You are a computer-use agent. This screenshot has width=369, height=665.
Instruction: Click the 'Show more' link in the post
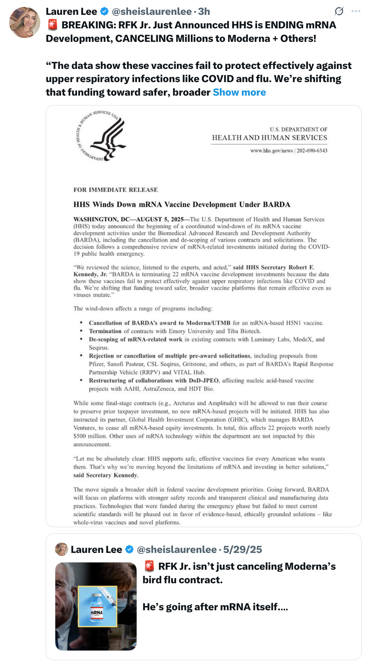(x=239, y=92)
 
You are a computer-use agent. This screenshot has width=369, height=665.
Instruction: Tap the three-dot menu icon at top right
(x=356, y=11)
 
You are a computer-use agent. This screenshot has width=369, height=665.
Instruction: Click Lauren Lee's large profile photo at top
(x=24, y=22)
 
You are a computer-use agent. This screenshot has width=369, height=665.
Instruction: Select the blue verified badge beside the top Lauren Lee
(x=104, y=12)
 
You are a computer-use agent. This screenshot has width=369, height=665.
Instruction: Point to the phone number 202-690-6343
(x=312, y=151)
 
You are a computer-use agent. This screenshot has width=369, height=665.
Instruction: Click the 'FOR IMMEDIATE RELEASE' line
(x=116, y=190)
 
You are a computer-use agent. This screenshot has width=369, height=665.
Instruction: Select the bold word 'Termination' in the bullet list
(x=105, y=331)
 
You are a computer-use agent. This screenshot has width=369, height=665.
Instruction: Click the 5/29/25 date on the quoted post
(x=243, y=549)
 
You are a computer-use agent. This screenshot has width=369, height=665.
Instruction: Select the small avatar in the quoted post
(x=61, y=549)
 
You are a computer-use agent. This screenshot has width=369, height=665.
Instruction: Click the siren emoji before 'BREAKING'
(x=52, y=25)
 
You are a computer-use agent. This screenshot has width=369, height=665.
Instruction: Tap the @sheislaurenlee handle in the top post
(x=152, y=12)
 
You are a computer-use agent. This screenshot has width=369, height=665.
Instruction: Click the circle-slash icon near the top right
(x=339, y=11)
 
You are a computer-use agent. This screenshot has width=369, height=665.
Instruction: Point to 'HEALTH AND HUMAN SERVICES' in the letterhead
(x=270, y=138)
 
